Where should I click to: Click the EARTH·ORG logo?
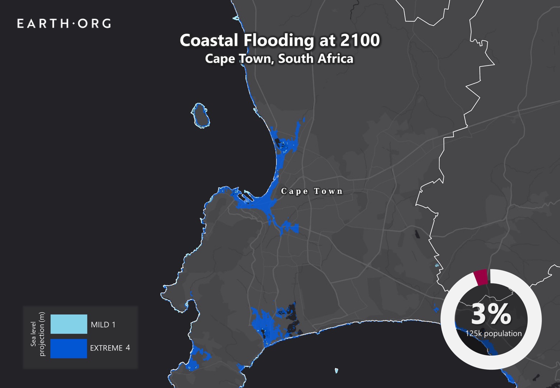click(x=64, y=24)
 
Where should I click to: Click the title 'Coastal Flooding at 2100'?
click(x=280, y=40)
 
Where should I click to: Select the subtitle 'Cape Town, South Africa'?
click(x=279, y=59)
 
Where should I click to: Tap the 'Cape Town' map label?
click(x=312, y=191)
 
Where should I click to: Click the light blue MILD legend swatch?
click(x=69, y=324)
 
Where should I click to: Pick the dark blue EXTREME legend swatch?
click(x=69, y=348)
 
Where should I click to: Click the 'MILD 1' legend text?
click(x=103, y=325)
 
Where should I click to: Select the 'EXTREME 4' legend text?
click(x=110, y=348)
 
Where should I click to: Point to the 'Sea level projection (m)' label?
click(x=38, y=334)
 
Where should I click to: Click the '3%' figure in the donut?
click(x=491, y=314)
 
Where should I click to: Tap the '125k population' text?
click(x=494, y=333)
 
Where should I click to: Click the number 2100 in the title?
click(x=360, y=40)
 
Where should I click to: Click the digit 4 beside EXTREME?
click(x=128, y=348)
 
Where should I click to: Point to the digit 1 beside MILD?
click(x=114, y=325)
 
